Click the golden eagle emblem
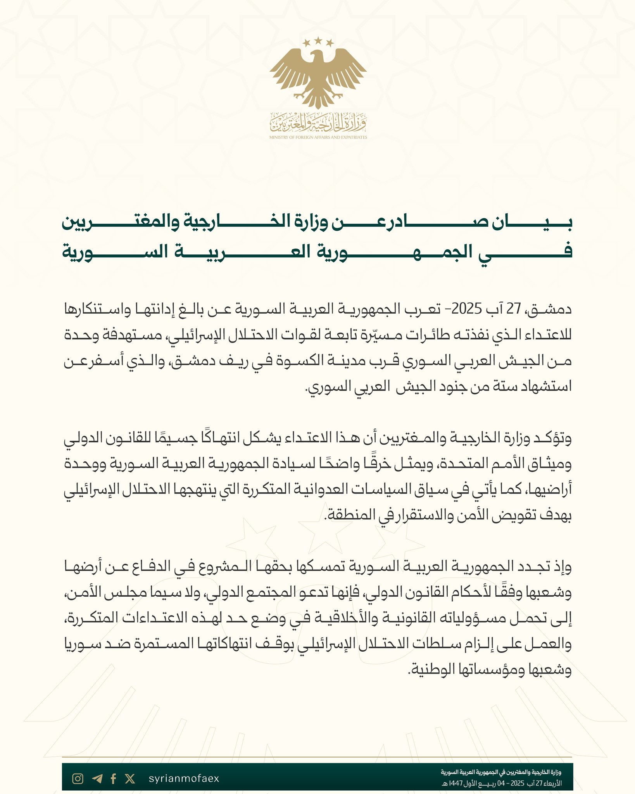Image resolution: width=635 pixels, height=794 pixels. coord(318,76)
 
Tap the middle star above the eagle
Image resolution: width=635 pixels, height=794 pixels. coord(318,40)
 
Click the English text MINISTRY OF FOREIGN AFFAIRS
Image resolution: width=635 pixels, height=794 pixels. coord(318,137)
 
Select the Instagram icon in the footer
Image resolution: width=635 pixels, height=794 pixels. coord(78,778)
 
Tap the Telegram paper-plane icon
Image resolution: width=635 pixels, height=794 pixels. coord(97,778)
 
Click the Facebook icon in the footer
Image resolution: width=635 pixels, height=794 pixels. coord(113,778)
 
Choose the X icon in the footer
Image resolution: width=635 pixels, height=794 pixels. coord(130,778)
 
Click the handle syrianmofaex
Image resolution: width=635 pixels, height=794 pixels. coord(184,778)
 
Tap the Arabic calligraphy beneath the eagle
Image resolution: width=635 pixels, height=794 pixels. coord(318,122)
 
